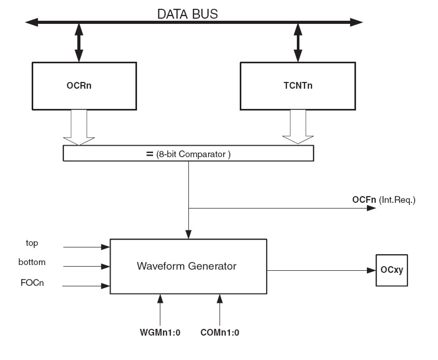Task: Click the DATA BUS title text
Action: tap(187, 14)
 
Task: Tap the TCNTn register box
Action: tap(297, 86)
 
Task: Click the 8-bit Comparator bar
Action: tap(188, 153)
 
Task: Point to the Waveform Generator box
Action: tap(186, 266)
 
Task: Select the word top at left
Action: tap(32, 242)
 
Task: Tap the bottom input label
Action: tap(32, 262)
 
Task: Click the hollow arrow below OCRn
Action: tap(78, 127)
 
